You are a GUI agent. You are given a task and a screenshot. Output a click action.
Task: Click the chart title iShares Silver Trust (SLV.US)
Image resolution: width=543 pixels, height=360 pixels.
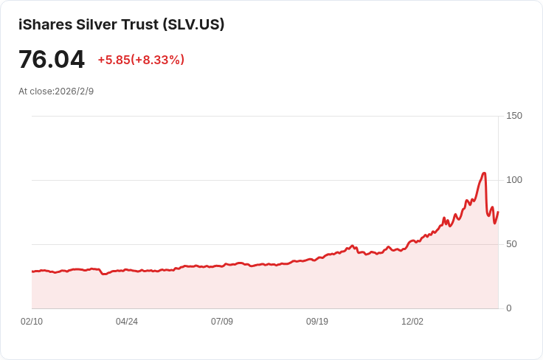[x=121, y=24]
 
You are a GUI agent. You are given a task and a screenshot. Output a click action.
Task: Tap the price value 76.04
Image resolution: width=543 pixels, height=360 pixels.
[x=52, y=59]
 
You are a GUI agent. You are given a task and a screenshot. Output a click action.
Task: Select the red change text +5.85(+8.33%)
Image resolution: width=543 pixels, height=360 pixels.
[x=141, y=60]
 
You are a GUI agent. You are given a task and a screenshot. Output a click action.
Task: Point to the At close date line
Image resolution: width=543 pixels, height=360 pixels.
[x=56, y=91]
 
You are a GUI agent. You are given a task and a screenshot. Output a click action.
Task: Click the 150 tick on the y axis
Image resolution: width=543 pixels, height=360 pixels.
[x=514, y=116]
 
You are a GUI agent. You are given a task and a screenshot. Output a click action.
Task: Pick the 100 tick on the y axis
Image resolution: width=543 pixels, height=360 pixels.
[x=514, y=180]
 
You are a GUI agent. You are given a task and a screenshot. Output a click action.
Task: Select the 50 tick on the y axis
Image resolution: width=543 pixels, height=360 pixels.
[x=511, y=244]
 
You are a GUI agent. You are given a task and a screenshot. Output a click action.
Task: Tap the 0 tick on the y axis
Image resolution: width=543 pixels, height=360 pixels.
[x=509, y=308]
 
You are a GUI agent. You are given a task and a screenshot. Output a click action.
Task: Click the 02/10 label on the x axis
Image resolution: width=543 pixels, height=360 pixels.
[x=32, y=322]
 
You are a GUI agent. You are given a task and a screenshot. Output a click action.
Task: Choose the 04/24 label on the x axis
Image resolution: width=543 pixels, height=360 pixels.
[x=127, y=322]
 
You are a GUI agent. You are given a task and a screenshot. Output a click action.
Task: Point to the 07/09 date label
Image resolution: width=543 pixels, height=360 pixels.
[x=222, y=322]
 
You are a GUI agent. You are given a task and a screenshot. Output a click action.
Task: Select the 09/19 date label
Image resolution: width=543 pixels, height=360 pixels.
[x=317, y=322]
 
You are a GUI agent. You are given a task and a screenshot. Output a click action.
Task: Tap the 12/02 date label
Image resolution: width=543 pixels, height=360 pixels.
[x=412, y=322]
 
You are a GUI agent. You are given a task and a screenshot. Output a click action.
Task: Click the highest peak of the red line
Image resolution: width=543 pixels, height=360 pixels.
[x=484, y=173]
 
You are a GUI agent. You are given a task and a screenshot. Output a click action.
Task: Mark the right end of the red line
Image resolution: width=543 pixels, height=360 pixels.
[x=498, y=212]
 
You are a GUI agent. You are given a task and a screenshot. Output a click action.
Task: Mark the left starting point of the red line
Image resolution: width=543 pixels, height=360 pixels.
[x=32, y=271]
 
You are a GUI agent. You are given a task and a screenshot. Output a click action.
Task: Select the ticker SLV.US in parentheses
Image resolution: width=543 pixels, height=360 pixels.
[x=194, y=24]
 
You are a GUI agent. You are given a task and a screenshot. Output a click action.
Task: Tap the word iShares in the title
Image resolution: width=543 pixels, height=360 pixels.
[x=45, y=24]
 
